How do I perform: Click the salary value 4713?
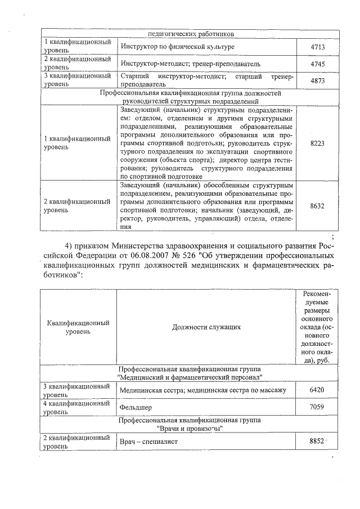317,47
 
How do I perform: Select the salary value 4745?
317,64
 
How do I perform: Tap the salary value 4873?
317,81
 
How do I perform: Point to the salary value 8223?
317,143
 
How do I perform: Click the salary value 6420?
317,390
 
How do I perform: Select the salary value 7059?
317,407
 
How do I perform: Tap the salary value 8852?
317,442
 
